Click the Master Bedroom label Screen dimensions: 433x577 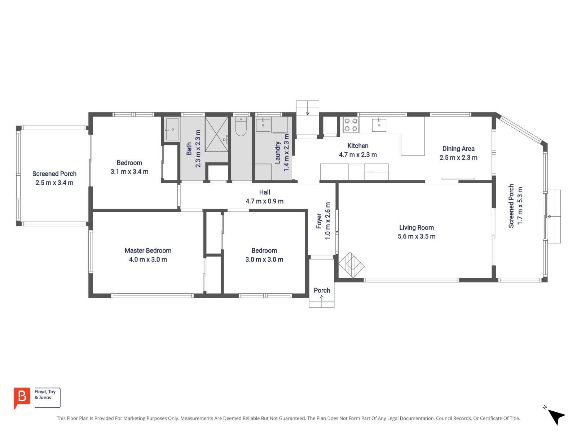coord(148,250)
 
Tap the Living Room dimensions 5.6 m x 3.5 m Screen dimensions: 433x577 coord(417,237)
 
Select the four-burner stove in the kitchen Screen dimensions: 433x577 coord(351,124)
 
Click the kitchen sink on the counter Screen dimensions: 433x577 coord(379,125)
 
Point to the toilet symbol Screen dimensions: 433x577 coord(241,127)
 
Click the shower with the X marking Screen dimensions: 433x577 coord(217,134)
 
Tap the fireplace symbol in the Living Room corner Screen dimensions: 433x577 coord(351,264)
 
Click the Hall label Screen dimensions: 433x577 coord(264,192)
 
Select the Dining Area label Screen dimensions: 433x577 coord(458,149)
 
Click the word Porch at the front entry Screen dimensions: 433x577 coord(322,290)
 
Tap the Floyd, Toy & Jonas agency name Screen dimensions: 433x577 coord(45,394)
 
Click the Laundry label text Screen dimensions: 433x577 coord(278,153)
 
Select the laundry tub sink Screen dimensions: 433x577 coord(263,125)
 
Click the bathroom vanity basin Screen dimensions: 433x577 coord(172,129)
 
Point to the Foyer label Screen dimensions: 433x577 coord(319,221)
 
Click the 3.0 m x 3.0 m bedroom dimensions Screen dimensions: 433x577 coord(264,260)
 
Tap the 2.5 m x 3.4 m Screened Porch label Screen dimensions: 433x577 coord(54,183)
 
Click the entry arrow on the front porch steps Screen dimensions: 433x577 coord(322,297)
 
